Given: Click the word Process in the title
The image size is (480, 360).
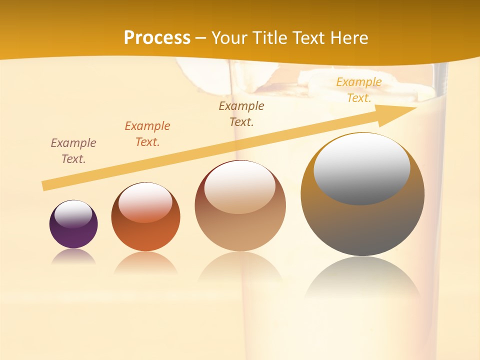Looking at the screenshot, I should [x=157, y=37].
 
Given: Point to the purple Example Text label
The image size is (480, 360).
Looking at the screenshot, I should [x=73, y=150].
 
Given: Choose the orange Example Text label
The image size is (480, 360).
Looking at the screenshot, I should [x=147, y=133].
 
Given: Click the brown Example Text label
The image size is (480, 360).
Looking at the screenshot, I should [x=241, y=113].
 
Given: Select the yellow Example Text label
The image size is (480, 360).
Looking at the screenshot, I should [x=359, y=90].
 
